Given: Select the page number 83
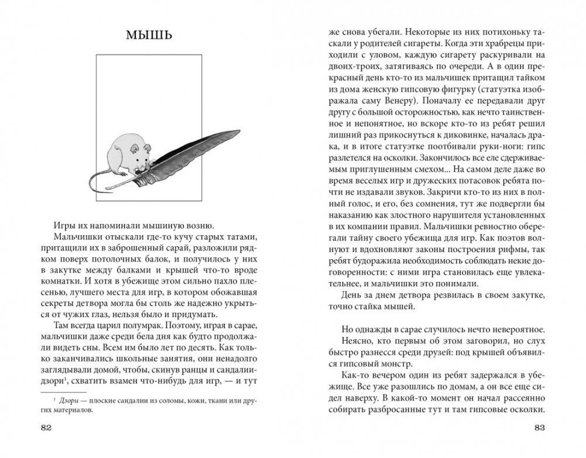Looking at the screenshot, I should (539, 427).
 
